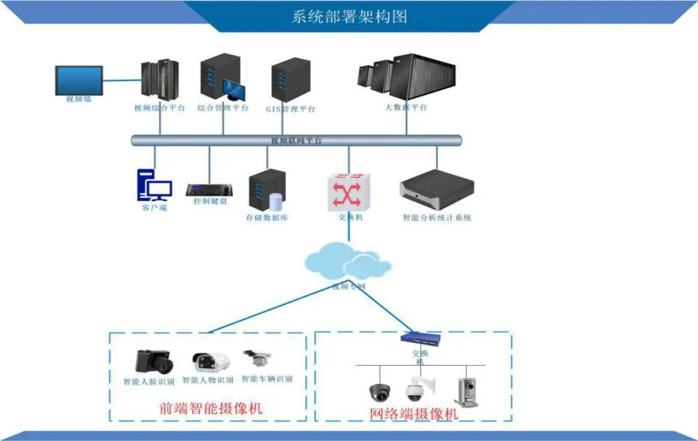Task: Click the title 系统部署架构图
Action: click(x=350, y=16)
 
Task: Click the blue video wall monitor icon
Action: click(x=78, y=80)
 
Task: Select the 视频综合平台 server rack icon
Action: click(x=159, y=80)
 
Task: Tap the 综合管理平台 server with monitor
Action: click(x=220, y=79)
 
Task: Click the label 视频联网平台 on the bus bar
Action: click(x=296, y=141)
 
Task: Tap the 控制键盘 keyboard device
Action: click(x=209, y=190)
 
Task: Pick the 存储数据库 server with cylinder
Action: click(x=267, y=190)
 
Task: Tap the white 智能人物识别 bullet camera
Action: click(x=211, y=362)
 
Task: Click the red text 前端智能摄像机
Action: click(x=210, y=408)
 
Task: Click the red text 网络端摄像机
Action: click(x=414, y=414)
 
